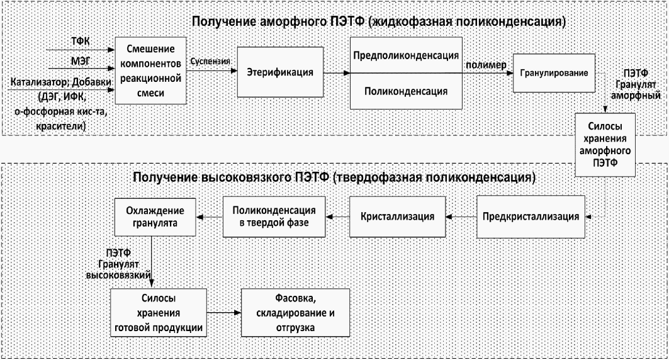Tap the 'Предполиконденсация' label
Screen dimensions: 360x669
[x=405, y=55]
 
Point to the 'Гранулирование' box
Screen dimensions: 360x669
[x=554, y=73]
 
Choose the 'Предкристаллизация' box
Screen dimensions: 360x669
[x=531, y=217]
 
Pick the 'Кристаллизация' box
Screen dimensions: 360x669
[x=397, y=217]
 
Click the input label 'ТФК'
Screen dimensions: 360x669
[x=81, y=40]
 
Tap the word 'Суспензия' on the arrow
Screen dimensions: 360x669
[x=210, y=62]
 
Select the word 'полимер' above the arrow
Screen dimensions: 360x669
[x=486, y=65]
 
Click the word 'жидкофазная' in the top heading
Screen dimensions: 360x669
[x=415, y=22]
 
